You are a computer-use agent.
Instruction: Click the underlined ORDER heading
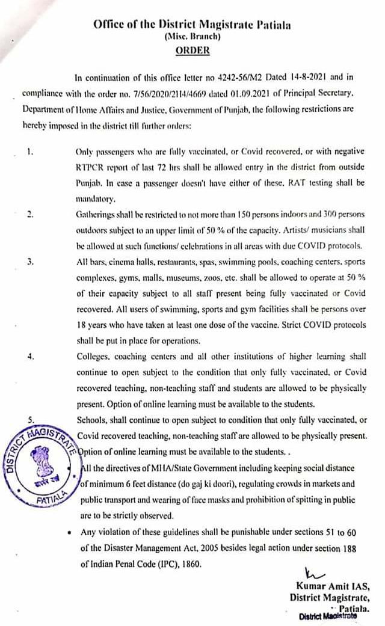pos(192,50)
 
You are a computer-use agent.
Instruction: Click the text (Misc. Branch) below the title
pos(192,37)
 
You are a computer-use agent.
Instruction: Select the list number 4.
pos(29,356)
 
